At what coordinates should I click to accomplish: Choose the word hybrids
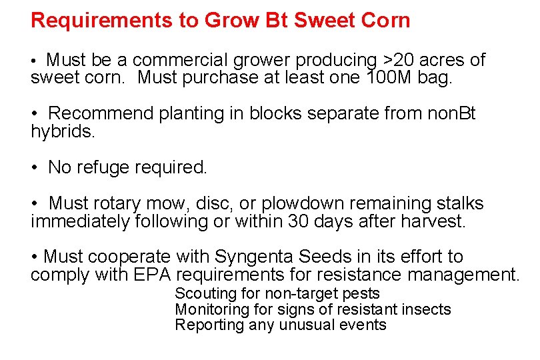63,131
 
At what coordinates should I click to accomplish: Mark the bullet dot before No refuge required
35,168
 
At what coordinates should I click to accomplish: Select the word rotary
122,203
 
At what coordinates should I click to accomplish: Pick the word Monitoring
212,309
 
